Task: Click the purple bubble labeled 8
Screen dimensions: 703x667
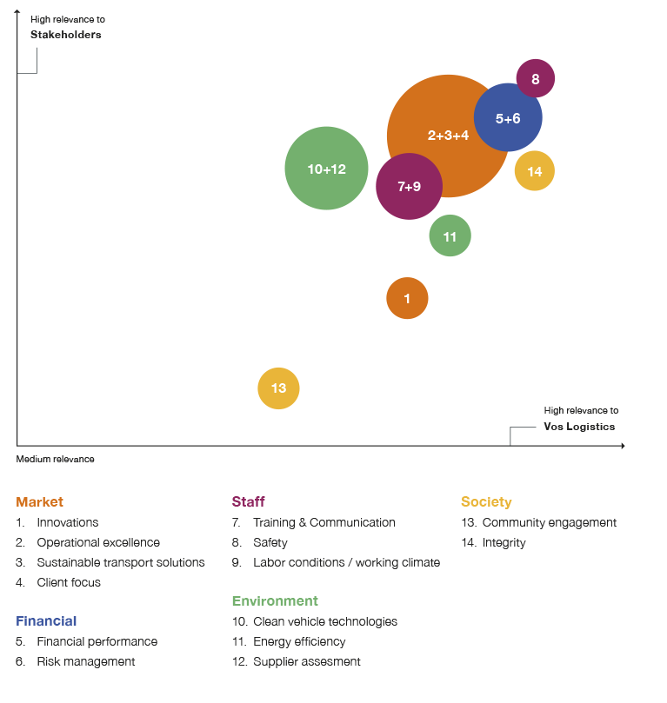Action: coord(536,79)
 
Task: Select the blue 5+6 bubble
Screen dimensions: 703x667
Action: coord(508,118)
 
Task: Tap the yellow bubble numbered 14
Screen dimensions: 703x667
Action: coord(534,171)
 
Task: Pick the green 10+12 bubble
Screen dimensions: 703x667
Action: coord(326,169)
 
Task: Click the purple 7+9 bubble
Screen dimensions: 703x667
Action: coord(409,187)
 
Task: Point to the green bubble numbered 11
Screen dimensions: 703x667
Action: coord(450,236)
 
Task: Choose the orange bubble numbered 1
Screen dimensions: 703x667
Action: coord(407,299)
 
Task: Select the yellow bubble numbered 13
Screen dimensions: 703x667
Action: coord(278,388)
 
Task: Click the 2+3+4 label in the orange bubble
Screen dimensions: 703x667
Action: coord(448,136)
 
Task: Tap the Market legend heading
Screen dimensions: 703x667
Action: coord(40,502)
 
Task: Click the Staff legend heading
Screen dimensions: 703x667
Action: coord(249,502)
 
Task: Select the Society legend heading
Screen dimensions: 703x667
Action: coord(486,502)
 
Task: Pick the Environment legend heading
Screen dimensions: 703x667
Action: coord(275,601)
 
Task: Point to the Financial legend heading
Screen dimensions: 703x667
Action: coord(46,621)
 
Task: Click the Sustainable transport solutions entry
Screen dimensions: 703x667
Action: coord(120,562)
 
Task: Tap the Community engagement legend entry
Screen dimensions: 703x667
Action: coord(549,522)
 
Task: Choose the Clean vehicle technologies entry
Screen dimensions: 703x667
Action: coord(324,621)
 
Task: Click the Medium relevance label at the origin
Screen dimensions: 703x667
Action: coord(56,459)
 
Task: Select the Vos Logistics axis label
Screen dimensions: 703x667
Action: coord(579,427)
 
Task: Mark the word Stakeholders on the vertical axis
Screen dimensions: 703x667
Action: coord(66,35)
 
